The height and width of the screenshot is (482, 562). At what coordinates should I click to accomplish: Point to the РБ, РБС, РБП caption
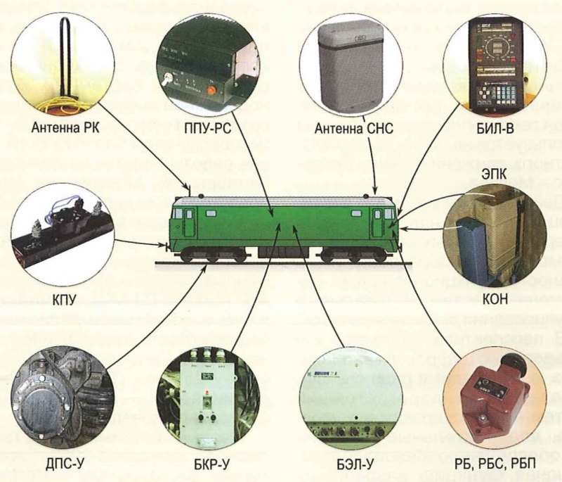(x=495, y=465)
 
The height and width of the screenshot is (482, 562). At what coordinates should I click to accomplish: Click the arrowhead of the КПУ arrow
(x=166, y=246)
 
